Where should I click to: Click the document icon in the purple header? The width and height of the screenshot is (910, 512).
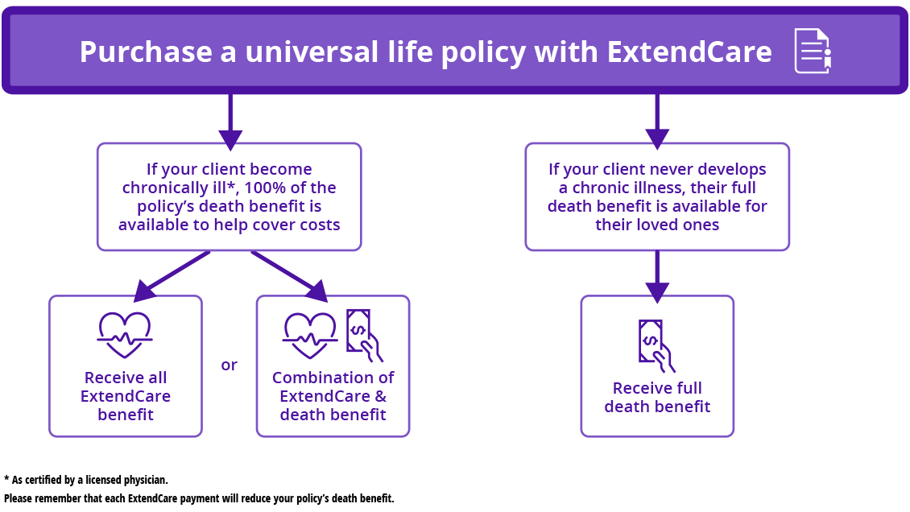click(813, 51)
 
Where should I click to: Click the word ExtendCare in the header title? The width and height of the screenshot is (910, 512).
click(689, 52)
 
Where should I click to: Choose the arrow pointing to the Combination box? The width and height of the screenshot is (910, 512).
click(291, 274)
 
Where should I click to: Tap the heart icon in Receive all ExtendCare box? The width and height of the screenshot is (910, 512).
click(125, 333)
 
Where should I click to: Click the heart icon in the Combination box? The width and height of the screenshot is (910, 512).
click(310, 333)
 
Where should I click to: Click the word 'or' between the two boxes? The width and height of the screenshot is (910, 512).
click(229, 365)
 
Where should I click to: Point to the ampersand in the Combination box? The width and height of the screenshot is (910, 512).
click(380, 396)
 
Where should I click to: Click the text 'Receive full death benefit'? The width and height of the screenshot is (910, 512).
click(657, 398)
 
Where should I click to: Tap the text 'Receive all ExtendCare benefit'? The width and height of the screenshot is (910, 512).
click(125, 396)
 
